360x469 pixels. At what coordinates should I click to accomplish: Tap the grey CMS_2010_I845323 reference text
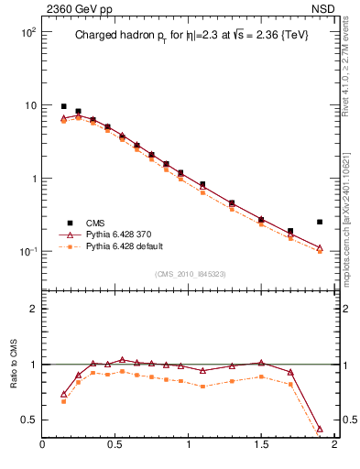click(x=191, y=273)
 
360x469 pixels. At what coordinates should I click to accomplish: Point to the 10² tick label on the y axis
click(x=27, y=32)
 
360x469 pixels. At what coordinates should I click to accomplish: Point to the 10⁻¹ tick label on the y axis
click(x=27, y=252)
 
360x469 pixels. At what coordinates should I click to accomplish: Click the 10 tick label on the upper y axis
click(x=29, y=105)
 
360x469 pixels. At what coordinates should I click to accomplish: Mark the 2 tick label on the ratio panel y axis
click(x=33, y=309)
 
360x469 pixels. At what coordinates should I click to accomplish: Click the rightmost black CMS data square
click(x=320, y=222)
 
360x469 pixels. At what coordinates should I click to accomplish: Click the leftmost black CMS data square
click(x=64, y=106)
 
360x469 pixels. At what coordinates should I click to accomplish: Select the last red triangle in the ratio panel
click(x=320, y=429)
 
